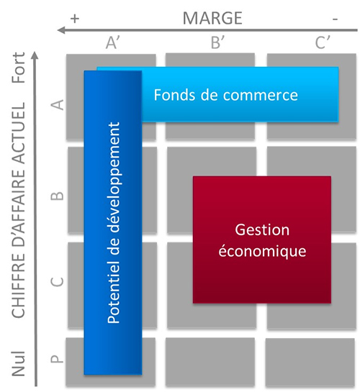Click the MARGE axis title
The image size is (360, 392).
212,18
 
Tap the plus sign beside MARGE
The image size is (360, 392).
75,19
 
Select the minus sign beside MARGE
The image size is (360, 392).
336,19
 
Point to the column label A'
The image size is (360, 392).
112,42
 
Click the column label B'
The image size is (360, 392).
217,42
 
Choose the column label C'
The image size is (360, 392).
323,42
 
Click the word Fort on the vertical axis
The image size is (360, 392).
19,68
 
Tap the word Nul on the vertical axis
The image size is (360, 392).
19,363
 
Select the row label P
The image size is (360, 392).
57,359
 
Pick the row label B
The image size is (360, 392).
57,196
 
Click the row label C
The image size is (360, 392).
57,282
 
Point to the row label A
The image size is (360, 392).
57,104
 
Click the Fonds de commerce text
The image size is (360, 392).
225,95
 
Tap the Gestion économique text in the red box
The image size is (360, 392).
262,240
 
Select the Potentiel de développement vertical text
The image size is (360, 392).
113,223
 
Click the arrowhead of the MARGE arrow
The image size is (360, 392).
61,30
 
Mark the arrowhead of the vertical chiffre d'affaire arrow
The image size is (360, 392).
35,55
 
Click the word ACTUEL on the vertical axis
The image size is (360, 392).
19,133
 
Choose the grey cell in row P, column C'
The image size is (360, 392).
310,363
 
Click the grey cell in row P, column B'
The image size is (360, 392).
210,363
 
